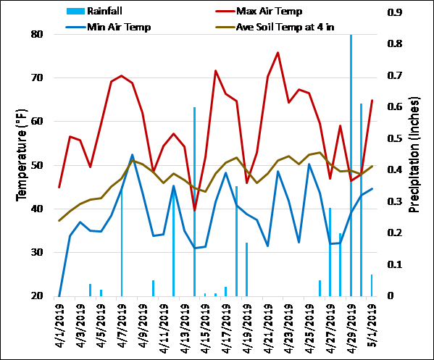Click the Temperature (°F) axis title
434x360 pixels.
pos(22,164)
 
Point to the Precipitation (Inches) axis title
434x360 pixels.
pos(415,164)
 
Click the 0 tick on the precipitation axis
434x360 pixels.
pos(392,296)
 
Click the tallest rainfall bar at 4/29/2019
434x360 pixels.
pos(351,167)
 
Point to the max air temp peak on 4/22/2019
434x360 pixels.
pos(278,53)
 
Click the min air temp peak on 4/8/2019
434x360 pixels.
pos(132,155)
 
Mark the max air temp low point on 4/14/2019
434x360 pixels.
pos(195,210)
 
